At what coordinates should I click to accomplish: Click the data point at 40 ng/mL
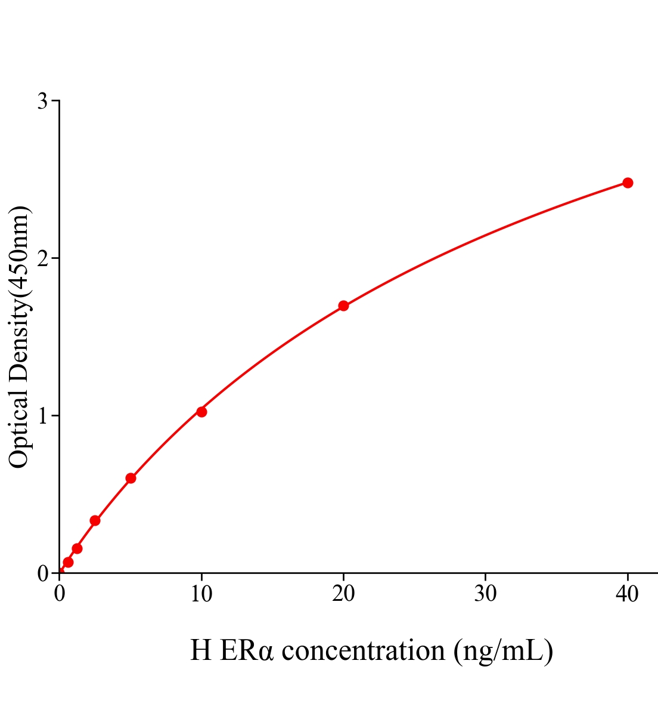tap(627, 183)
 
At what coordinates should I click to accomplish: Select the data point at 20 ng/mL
tap(343, 306)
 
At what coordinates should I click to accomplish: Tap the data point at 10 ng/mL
tap(201, 412)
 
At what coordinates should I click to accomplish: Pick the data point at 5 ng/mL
tap(131, 478)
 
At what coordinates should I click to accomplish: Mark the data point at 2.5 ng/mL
tap(95, 520)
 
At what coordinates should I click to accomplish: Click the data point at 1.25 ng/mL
tap(77, 548)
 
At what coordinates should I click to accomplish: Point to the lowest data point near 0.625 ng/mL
tap(68, 562)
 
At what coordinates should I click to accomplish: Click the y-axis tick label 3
tap(42, 101)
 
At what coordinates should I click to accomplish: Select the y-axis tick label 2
tap(42, 258)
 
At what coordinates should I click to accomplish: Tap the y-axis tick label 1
tap(42, 416)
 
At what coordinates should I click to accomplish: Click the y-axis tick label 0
tap(42, 573)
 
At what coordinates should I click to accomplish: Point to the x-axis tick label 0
tap(60, 594)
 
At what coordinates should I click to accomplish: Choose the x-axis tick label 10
tap(201, 594)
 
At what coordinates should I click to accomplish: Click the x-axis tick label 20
tap(343, 594)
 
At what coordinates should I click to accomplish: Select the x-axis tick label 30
tap(485, 594)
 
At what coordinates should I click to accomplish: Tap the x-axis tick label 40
tap(627, 594)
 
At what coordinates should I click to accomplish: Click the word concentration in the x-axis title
tap(363, 651)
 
